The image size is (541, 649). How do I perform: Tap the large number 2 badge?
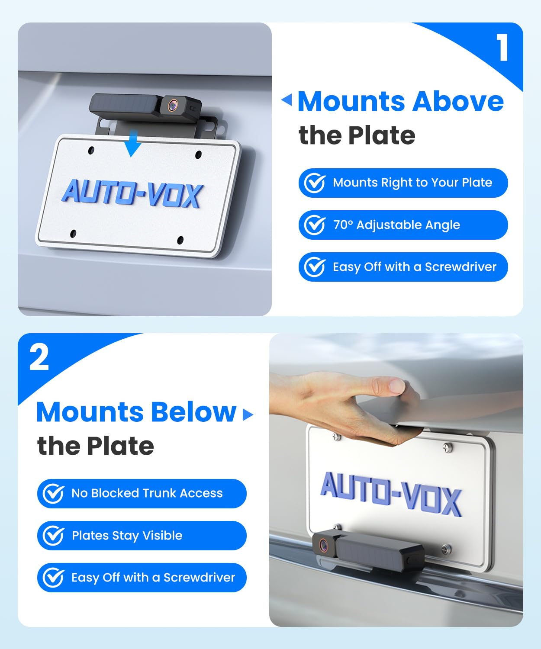pyautogui.click(x=39, y=357)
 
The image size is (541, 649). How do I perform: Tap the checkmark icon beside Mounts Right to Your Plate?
pyautogui.click(x=315, y=183)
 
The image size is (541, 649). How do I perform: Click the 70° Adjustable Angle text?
pyautogui.click(x=396, y=225)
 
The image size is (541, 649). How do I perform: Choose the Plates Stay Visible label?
pyautogui.click(x=127, y=536)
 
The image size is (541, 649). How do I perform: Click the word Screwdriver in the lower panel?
pyautogui.click(x=199, y=578)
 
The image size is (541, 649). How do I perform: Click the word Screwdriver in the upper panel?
pyautogui.click(x=460, y=267)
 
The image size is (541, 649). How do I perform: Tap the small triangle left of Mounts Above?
pyautogui.click(x=287, y=100)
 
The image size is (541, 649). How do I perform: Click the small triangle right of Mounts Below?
pyautogui.click(x=248, y=414)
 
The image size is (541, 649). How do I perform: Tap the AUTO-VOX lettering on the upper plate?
pyautogui.click(x=132, y=194)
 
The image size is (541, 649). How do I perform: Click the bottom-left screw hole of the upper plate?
pyautogui.click(x=73, y=234)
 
